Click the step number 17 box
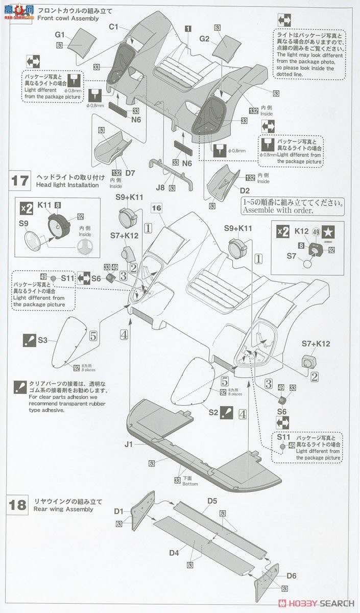click(20, 181)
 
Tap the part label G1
click(60, 35)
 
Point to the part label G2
click(204, 39)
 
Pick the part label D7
click(130, 173)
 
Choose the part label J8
click(160, 187)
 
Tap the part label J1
click(128, 444)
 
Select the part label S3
click(42, 340)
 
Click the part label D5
click(212, 501)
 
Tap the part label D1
click(119, 511)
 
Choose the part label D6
click(292, 576)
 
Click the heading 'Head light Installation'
click(67, 185)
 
